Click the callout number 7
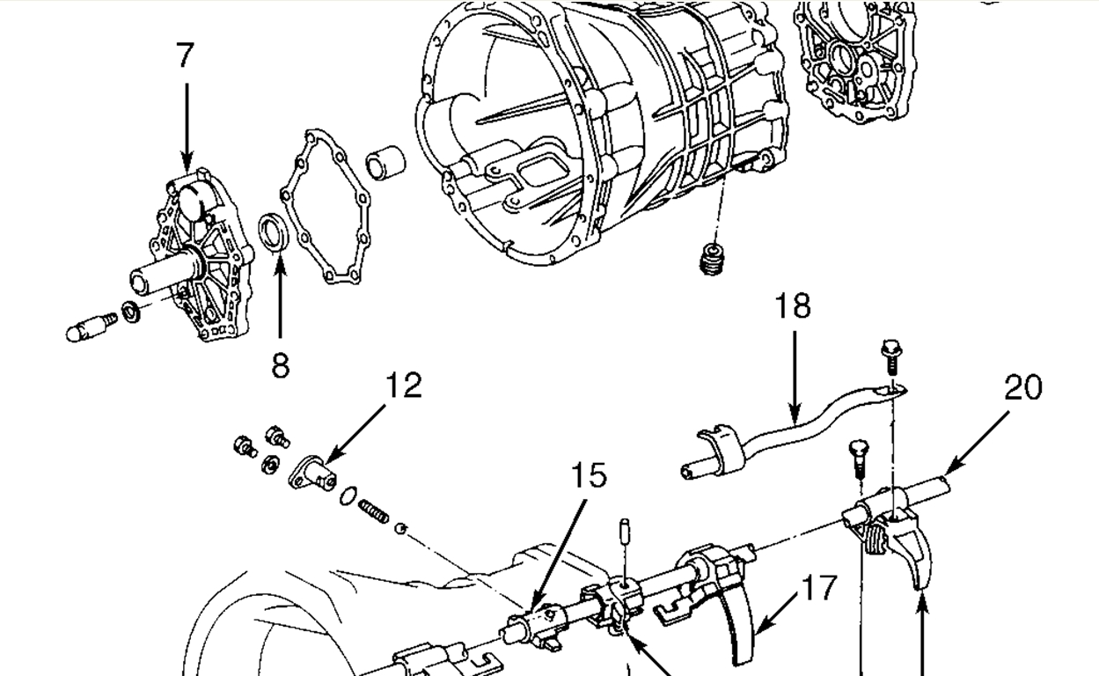tap(184, 55)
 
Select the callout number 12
tap(403, 385)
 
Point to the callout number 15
tap(588, 475)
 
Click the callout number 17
tap(818, 587)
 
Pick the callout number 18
tap(793, 306)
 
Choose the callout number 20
tap(1022, 387)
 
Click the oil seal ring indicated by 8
tap(274, 231)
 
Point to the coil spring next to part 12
tap(373, 511)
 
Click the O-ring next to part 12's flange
tap(348, 496)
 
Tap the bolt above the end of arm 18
tap(890, 357)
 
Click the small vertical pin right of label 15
tap(624, 532)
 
